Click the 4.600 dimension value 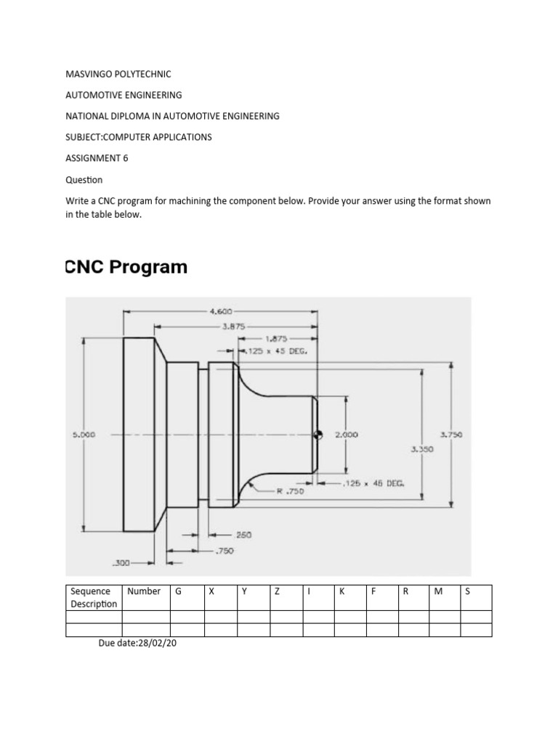(x=221, y=311)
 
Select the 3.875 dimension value (x=233, y=326)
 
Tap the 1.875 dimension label (x=276, y=338)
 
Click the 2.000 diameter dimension (x=346, y=435)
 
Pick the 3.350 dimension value (x=421, y=449)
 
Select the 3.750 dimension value (x=451, y=435)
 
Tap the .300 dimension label (x=121, y=562)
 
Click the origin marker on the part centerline (x=317, y=435)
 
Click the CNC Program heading (x=126, y=267)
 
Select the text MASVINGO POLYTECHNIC (x=118, y=74)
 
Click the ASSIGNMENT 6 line (x=97, y=158)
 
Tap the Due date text (x=137, y=644)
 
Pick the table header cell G (x=178, y=591)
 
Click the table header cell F (x=373, y=591)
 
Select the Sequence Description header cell (x=94, y=597)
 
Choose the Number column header (x=144, y=591)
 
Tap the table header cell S (x=468, y=591)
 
